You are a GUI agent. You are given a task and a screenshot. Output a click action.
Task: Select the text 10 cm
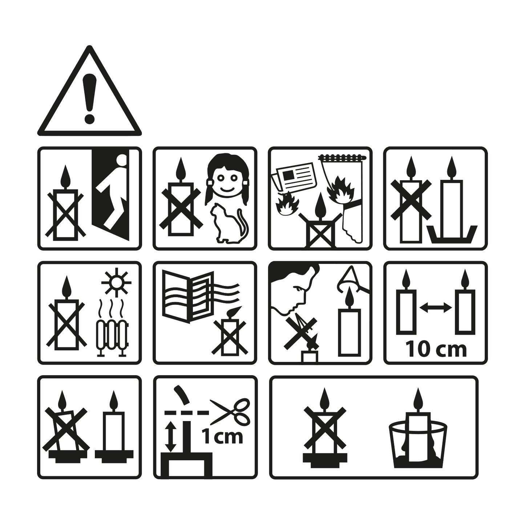coord(436,350)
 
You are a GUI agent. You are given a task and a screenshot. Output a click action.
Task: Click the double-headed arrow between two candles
coord(435,308)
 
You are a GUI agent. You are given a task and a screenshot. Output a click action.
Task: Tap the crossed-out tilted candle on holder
coord(66,428)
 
